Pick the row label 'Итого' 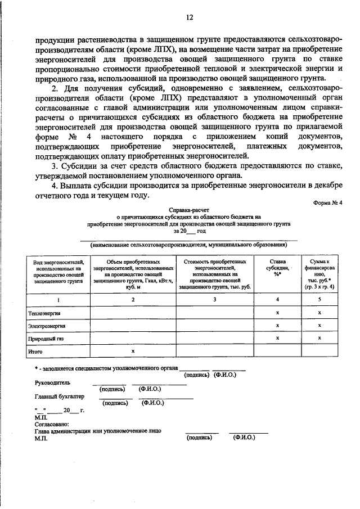[35, 352]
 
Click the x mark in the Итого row [133, 352]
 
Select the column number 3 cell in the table [215, 300]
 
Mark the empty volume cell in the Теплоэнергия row [133, 313]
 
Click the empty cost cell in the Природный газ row [215, 339]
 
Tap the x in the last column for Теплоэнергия [319, 313]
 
